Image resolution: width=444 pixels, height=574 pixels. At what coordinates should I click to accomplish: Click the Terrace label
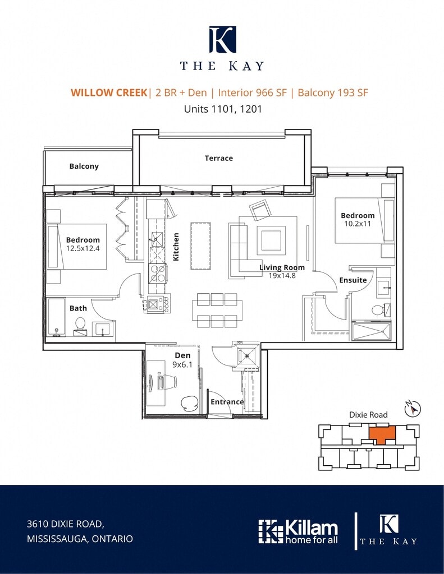(x=218, y=158)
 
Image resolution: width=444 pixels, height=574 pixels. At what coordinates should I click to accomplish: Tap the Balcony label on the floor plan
(x=84, y=166)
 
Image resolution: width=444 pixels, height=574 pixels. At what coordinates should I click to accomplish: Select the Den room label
(x=182, y=355)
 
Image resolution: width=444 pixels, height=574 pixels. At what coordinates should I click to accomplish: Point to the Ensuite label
(x=353, y=280)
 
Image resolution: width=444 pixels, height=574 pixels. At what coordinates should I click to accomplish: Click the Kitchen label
(x=176, y=247)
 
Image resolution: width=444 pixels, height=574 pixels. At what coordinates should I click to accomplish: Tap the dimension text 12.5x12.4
(x=83, y=248)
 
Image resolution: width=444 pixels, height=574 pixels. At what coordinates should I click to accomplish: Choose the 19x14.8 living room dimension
(x=282, y=275)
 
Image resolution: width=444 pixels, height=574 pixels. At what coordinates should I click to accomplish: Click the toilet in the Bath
(x=80, y=326)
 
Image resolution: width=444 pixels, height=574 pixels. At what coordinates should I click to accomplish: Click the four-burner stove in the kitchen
(x=158, y=274)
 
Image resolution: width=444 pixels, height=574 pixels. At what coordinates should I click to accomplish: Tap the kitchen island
(x=200, y=246)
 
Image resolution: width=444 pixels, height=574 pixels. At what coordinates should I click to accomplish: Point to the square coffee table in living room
(x=271, y=240)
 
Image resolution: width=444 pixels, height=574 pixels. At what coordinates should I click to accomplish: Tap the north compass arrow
(x=413, y=408)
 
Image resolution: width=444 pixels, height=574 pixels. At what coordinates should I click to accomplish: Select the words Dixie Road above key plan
(x=368, y=415)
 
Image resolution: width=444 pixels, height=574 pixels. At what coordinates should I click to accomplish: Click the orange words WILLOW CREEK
(x=109, y=92)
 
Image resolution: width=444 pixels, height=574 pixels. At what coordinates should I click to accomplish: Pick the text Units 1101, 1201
(x=223, y=109)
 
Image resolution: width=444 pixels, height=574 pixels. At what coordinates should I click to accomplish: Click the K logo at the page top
(x=222, y=39)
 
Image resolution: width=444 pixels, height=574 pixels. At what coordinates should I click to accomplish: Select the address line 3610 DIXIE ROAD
(x=66, y=524)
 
